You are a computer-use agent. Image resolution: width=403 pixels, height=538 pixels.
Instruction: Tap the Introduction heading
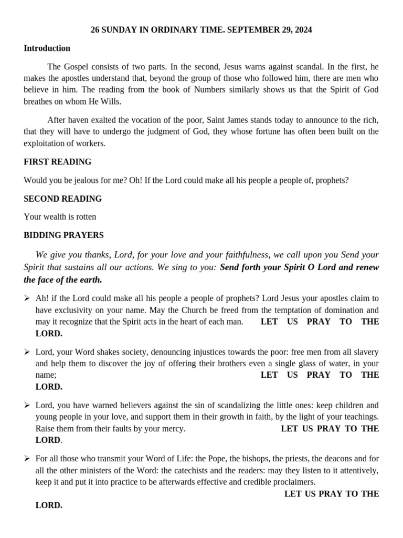tap(47, 48)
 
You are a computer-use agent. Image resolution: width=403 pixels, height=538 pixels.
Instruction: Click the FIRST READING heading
tap(57, 162)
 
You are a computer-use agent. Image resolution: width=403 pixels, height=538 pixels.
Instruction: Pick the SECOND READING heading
tap(62, 199)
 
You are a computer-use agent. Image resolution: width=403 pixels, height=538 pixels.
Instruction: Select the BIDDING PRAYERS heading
tap(63, 235)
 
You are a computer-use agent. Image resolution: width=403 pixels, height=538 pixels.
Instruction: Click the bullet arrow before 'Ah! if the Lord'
tap(27, 298)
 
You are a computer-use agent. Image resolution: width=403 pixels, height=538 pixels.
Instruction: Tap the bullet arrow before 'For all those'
tap(27, 459)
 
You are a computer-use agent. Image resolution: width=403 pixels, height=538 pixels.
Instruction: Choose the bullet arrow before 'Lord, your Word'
tap(27, 352)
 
